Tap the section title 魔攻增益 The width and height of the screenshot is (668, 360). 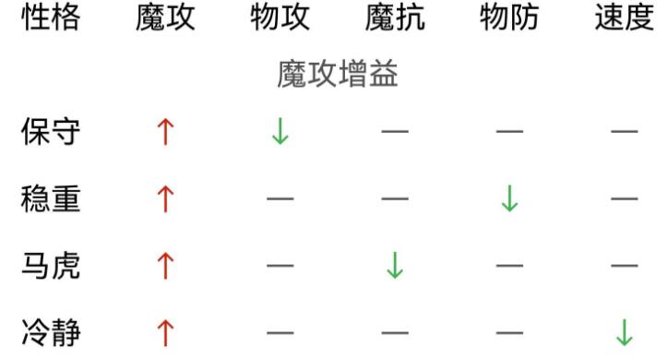[x=337, y=76]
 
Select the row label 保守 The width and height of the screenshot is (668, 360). [x=51, y=133]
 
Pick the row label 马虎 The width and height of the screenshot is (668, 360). [x=51, y=266]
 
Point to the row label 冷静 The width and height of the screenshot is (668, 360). [x=51, y=331]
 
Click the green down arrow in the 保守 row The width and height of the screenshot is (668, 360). [x=280, y=133]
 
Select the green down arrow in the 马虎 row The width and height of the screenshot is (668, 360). [x=395, y=266]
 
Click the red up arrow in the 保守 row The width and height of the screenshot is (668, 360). [x=166, y=133]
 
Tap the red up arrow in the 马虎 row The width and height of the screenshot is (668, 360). [x=166, y=266]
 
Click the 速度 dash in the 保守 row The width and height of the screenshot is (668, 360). [x=625, y=133]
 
